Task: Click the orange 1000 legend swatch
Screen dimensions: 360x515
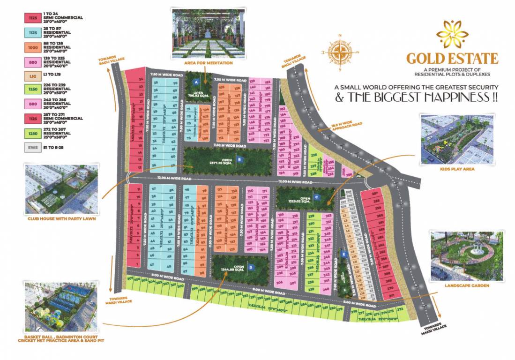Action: click(x=32, y=48)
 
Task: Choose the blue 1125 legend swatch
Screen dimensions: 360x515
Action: click(x=32, y=33)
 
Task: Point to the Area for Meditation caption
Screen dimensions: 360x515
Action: click(x=209, y=62)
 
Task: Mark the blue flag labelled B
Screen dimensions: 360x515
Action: click(x=239, y=159)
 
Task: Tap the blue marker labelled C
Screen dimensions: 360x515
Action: click(x=316, y=197)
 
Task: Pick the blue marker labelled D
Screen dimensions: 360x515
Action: click(x=251, y=267)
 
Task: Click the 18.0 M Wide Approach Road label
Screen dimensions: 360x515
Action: click(x=344, y=125)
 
